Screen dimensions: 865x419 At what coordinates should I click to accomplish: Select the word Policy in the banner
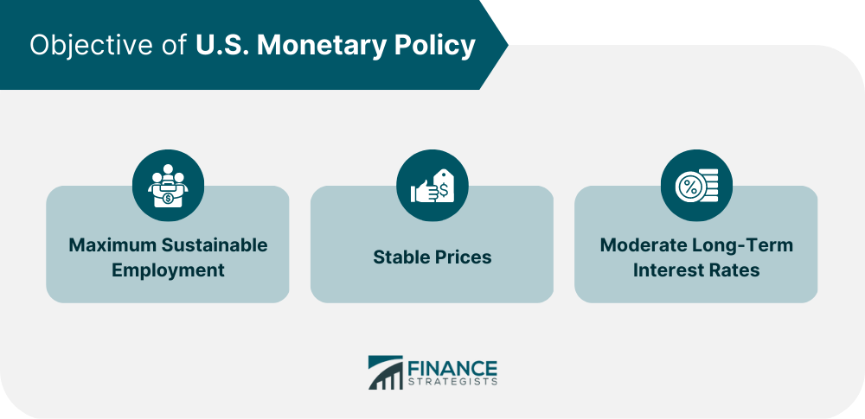(x=435, y=46)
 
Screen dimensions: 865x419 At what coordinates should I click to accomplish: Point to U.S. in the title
(x=223, y=46)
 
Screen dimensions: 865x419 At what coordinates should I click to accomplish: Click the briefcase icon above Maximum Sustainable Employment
(x=169, y=186)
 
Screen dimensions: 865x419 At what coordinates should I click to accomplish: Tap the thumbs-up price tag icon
(x=432, y=186)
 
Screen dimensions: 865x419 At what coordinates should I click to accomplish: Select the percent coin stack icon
(x=696, y=186)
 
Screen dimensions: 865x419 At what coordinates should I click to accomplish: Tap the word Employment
(x=168, y=270)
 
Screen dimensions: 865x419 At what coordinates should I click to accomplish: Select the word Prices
(x=461, y=257)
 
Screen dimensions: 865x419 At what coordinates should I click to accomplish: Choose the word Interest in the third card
(x=664, y=270)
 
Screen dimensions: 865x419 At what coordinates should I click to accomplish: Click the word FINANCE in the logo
(x=452, y=368)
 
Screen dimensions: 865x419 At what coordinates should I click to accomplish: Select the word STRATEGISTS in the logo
(x=452, y=382)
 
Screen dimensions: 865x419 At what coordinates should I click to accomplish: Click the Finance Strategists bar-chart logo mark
(x=386, y=372)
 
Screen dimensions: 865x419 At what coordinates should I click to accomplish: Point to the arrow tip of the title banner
(x=508, y=46)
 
